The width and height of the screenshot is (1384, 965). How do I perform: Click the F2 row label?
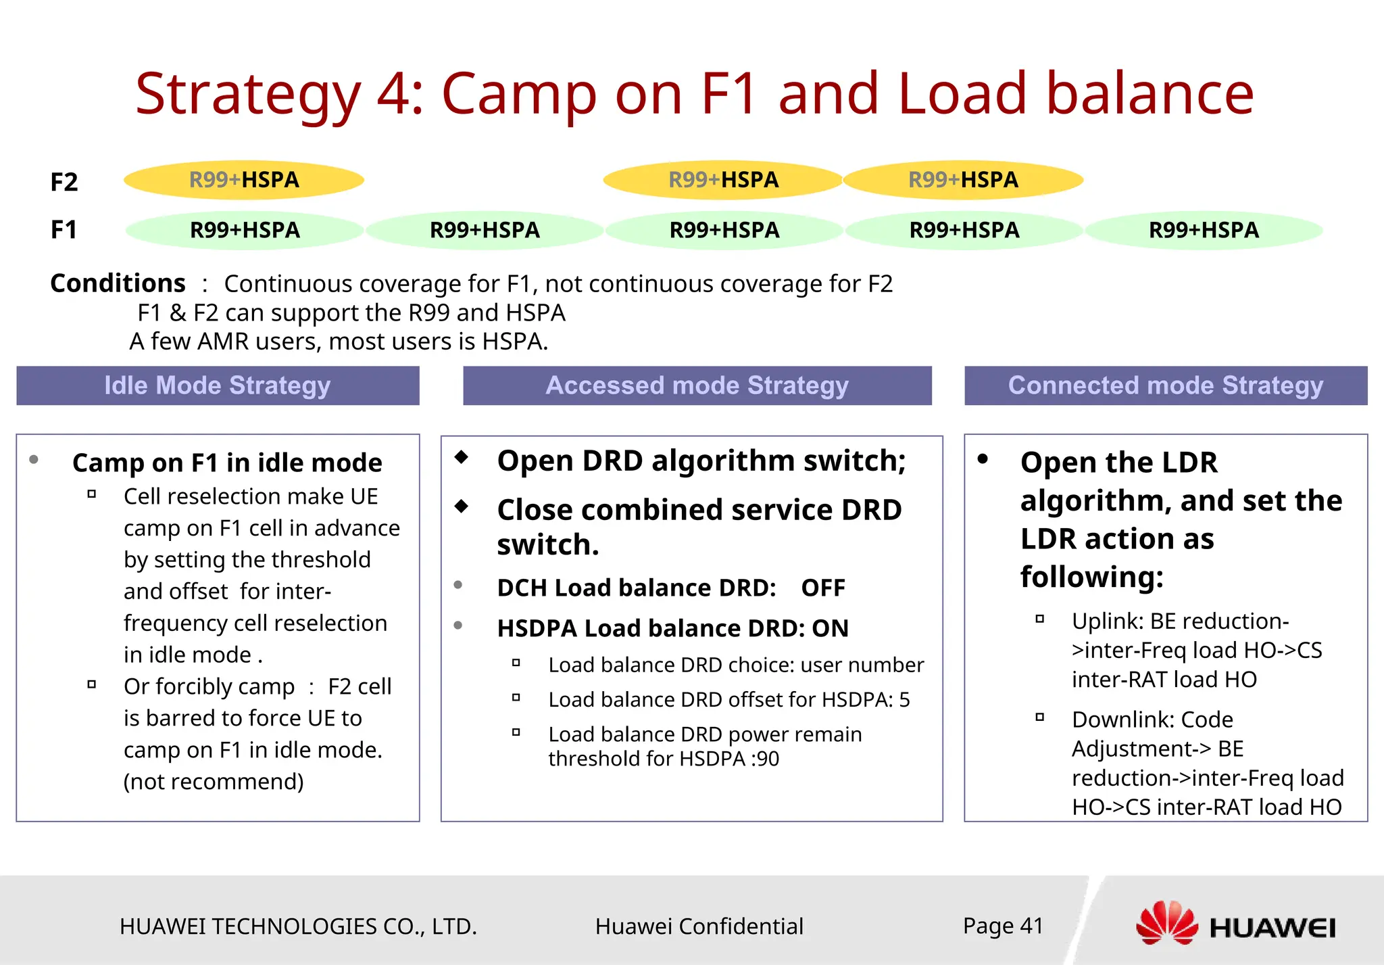(x=64, y=182)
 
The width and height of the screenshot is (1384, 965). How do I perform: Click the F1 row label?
(x=64, y=230)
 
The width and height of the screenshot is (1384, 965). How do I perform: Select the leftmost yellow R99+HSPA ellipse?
(x=244, y=180)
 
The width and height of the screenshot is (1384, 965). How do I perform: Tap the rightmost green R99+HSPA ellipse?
(x=1204, y=230)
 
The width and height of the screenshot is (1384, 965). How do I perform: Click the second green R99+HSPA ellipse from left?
(x=485, y=230)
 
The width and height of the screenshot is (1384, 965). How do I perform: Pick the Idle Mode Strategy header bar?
(x=218, y=385)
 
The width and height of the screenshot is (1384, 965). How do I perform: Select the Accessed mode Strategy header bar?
(x=697, y=385)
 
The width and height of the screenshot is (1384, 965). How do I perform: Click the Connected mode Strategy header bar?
(x=1165, y=385)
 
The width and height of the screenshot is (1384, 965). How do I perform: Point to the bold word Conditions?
(x=118, y=283)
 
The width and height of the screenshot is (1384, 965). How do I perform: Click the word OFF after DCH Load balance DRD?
(x=822, y=588)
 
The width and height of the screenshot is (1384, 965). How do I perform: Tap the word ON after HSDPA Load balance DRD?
(x=830, y=628)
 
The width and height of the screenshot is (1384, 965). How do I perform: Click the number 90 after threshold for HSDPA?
(x=768, y=759)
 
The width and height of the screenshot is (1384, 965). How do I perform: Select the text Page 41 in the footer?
(x=1003, y=925)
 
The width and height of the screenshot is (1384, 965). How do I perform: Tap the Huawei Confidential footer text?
(x=699, y=926)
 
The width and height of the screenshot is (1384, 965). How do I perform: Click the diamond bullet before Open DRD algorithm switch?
(x=462, y=457)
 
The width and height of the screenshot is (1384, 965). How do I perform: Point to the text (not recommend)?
(x=214, y=781)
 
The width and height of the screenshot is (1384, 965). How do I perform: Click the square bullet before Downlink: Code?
(x=1039, y=717)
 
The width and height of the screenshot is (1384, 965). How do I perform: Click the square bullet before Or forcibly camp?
(x=91, y=684)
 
